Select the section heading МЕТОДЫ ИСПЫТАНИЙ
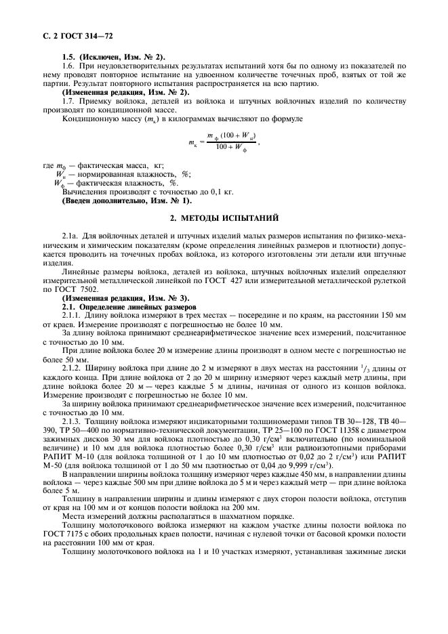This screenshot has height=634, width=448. click(x=224, y=219)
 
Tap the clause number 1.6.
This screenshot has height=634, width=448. click(x=68, y=65)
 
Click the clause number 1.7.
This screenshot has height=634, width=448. click(x=68, y=101)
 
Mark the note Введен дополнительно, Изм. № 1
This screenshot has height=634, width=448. click(x=127, y=201)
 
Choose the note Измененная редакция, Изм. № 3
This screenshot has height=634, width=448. click(x=126, y=299)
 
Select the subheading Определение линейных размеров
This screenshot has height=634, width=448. click(x=138, y=308)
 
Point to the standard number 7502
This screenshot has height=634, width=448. click(x=89, y=290)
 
